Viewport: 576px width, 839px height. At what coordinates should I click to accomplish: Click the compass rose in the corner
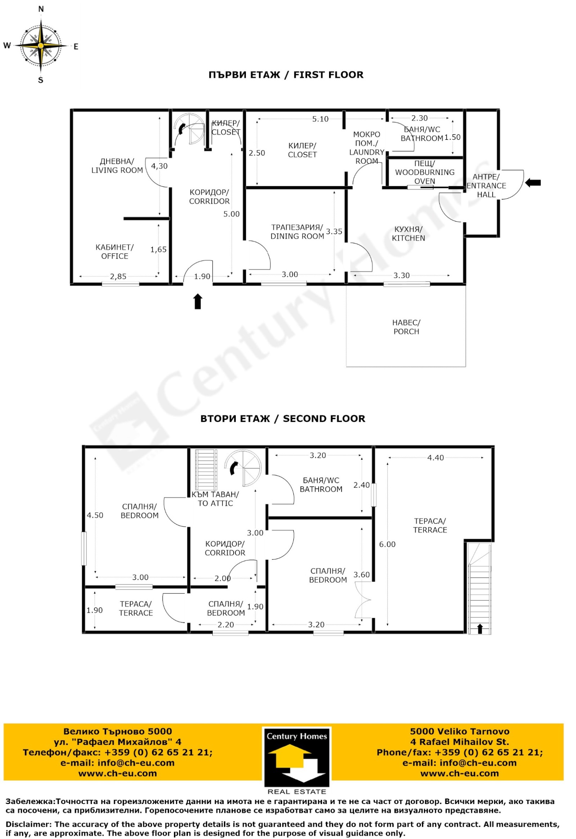click(41, 45)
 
